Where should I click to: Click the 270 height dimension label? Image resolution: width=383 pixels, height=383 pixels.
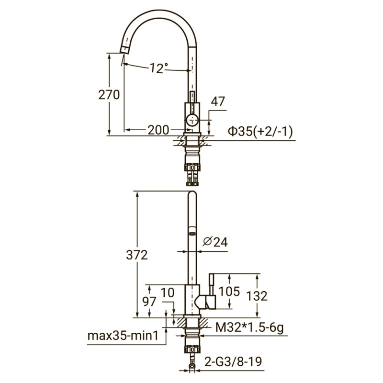coord(109,95)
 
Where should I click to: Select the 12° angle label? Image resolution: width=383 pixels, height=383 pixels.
coord(158,68)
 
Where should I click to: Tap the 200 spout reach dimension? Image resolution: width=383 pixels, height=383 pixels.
coord(158,130)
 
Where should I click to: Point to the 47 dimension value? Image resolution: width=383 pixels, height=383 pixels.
coord(218,101)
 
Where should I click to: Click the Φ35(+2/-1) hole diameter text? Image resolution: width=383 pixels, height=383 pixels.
coord(261,131)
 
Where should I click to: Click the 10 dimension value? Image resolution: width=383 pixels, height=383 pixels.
coord(168,292)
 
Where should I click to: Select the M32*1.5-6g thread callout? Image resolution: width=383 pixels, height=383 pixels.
coord(249,327)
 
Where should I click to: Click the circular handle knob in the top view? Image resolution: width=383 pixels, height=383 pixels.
coord(191,120)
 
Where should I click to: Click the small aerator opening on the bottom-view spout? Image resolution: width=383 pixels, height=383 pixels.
coord(191,233)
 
